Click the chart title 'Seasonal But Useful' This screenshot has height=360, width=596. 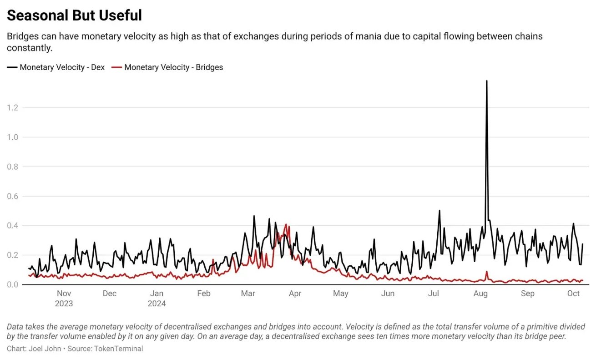[74, 15]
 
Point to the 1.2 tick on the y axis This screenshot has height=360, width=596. [12, 107]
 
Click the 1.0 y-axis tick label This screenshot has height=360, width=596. [12, 137]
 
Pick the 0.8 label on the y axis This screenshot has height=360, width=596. [12, 167]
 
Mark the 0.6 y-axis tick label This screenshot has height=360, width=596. [12, 196]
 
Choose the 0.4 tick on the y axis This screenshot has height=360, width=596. [12, 226]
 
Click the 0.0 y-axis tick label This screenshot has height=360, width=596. [12, 284]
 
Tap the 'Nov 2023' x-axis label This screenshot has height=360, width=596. [64, 298]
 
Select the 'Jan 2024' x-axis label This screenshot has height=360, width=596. [157, 298]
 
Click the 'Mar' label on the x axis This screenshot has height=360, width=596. [248, 294]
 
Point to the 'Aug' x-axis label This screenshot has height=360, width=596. [480, 294]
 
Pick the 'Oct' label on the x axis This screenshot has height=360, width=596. [573, 294]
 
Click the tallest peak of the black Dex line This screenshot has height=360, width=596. [487, 81]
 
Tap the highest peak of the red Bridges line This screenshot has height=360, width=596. [286, 224]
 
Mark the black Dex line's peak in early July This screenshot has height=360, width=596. [439, 211]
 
